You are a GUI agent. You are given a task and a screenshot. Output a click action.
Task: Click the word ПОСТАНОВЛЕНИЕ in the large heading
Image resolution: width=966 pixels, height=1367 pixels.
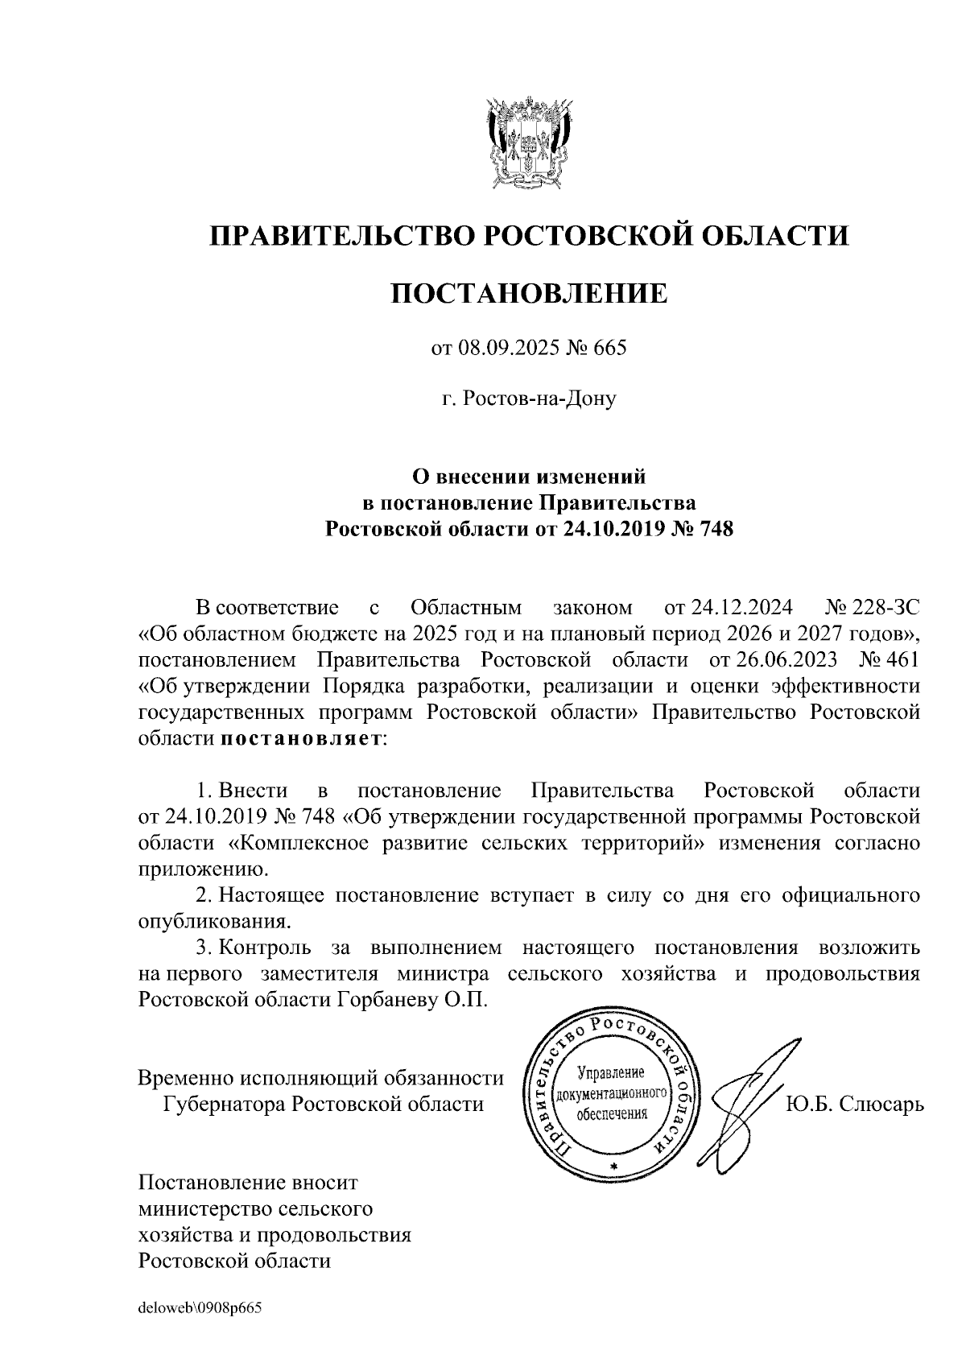pyautogui.click(x=529, y=294)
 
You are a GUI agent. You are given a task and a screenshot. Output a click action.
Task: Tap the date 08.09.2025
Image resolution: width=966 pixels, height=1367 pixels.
pyautogui.click(x=504, y=349)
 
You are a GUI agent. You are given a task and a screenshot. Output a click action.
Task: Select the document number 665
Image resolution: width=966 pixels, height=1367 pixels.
pyautogui.click(x=609, y=349)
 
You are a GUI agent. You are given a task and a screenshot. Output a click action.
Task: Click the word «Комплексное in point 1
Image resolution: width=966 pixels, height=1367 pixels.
pyautogui.click(x=291, y=843)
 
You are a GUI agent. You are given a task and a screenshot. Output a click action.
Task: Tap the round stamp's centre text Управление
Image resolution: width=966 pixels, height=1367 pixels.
pyautogui.click(x=613, y=1074)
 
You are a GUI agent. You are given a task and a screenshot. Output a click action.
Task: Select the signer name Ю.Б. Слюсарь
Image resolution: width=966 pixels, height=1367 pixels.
pyautogui.click(x=854, y=1103)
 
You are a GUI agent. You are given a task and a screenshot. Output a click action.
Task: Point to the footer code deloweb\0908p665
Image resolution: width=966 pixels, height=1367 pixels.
pyautogui.click(x=200, y=1309)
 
